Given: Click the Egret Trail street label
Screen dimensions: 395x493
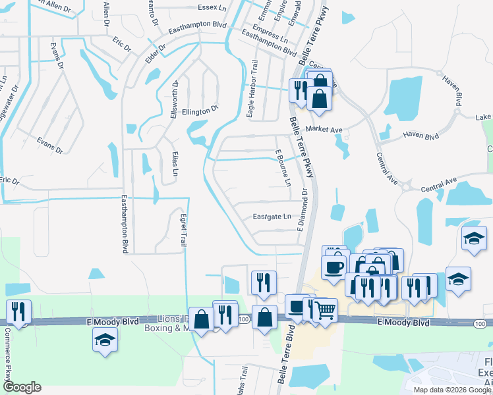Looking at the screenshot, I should (x=183, y=230).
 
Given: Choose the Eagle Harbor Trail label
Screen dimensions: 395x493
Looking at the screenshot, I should (x=252, y=90).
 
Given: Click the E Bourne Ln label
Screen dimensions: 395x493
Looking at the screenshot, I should (x=283, y=168).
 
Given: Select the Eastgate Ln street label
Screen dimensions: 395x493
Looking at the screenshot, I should (x=272, y=217).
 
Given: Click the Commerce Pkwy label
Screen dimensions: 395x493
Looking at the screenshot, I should (x=9, y=361).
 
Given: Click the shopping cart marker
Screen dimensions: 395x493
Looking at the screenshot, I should (x=324, y=310).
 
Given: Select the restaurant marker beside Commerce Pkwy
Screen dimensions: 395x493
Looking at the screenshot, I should (x=18, y=311).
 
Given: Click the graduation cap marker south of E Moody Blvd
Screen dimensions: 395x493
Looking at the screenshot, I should (x=105, y=340).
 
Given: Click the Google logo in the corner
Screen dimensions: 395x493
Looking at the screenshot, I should (x=22, y=387).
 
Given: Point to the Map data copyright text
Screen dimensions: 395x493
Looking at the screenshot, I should (x=451, y=390).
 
